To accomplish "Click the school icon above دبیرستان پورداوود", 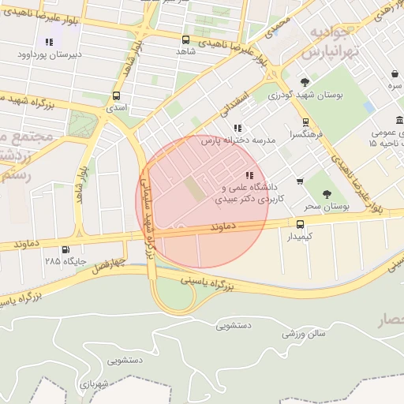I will point(49,42).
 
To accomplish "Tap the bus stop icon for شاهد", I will point(185,39).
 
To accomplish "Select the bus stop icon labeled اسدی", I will point(117,96).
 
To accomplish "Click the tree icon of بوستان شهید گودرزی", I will point(305,81).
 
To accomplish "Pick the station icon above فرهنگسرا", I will point(305,122).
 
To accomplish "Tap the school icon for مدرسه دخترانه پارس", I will point(238,128).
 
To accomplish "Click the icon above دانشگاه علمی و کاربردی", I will point(249,175).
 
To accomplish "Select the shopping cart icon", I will point(300,181).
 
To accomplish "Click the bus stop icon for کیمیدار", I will point(299,223).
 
